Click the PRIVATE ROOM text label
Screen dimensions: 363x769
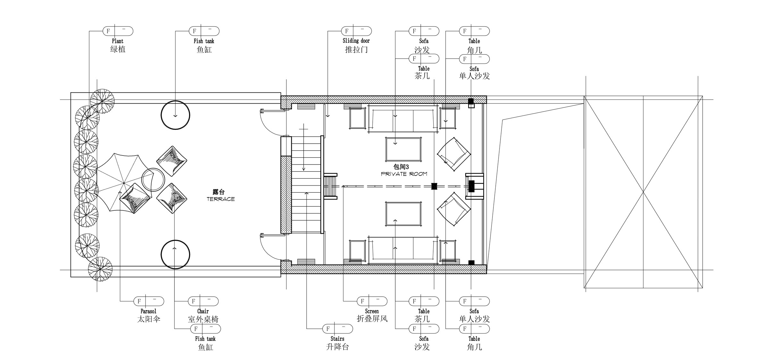[x=404, y=174]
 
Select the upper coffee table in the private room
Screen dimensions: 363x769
[x=403, y=149]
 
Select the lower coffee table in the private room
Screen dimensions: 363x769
[x=403, y=214]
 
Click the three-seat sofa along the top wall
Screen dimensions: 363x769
[x=403, y=119]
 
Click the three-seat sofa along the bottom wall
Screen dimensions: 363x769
[x=403, y=250]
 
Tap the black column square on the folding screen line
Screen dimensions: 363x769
[x=434, y=186]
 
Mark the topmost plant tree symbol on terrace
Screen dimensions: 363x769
[x=102, y=101]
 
